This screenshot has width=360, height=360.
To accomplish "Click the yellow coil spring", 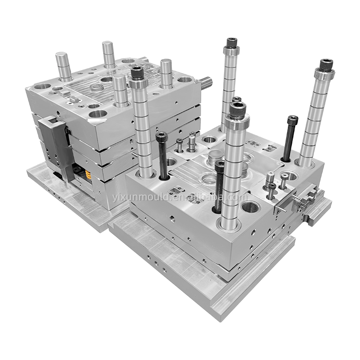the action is click(88, 175).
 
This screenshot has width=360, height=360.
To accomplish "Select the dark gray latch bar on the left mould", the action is click(57, 147).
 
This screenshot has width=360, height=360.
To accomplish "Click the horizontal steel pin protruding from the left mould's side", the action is click(206, 81).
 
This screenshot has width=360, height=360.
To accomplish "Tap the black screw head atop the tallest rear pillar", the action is click(232, 42).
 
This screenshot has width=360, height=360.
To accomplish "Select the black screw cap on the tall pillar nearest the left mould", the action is click(137, 72).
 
